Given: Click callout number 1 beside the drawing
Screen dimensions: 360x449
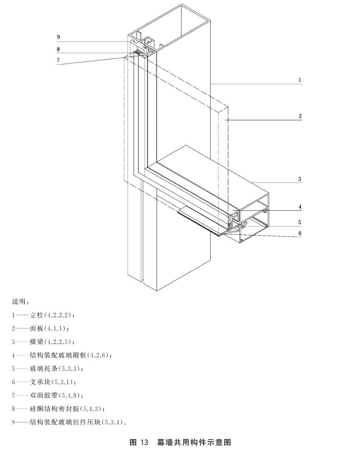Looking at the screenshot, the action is click(x=300, y=80).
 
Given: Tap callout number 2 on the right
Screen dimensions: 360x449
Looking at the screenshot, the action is click(x=300, y=116).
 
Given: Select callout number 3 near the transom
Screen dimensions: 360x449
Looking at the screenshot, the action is click(x=300, y=179).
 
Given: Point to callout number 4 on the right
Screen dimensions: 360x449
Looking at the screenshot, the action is click(x=300, y=207).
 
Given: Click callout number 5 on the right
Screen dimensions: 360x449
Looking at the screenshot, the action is click(x=300, y=222).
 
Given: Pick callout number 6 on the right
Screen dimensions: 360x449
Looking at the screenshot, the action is click(x=300, y=233).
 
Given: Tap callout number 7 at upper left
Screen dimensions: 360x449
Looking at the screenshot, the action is click(x=58, y=60).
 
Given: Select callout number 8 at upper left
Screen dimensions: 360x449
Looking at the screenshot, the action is click(x=58, y=49).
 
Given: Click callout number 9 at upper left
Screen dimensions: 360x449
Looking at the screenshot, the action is click(x=58, y=37).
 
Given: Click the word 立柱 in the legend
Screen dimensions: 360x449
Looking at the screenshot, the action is click(x=37, y=315).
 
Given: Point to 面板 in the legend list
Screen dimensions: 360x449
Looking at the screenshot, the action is click(x=37, y=328).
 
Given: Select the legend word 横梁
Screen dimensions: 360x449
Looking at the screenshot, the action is click(x=37, y=342).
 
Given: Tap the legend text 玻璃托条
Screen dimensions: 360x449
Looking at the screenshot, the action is click(x=44, y=368).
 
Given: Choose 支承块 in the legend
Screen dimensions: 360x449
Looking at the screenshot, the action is click(x=40, y=382).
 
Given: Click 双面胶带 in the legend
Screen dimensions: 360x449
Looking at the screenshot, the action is click(x=44, y=395).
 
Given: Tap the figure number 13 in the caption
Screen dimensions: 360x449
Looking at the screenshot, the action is click(x=144, y=442).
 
